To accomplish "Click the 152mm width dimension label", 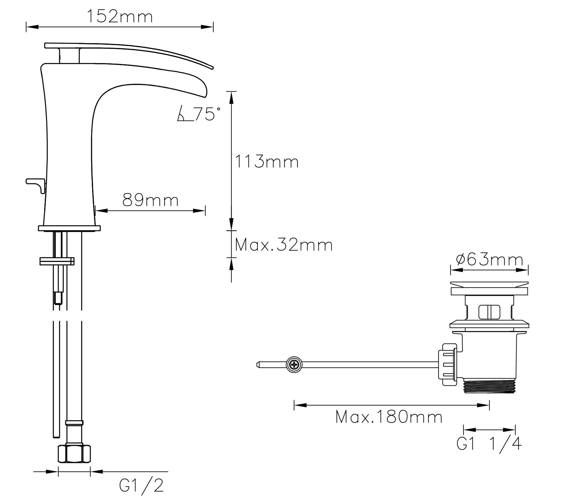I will click(x=120, y=17).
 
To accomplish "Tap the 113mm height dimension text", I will click(x=267, y=162).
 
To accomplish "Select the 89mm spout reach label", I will click(x=150, y=201).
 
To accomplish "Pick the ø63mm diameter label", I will click(x=489, y=260).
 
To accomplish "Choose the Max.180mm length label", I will click(x=389, y=417).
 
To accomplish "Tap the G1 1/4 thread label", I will click(x=489, y=444).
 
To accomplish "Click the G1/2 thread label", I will click(x=142, y=486).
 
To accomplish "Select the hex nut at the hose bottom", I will click(x=74, y=454).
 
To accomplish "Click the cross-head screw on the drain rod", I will click(x=294, y=365).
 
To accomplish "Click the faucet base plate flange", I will click(x=69, y=228).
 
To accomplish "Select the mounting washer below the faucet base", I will click(x=57, y=261).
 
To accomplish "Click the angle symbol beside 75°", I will click(x=184, y=115).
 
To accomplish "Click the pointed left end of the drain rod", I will click(x=258, y=364).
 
